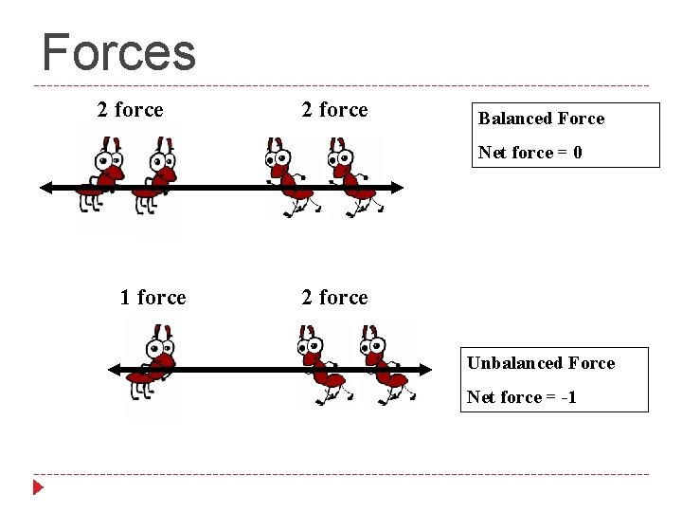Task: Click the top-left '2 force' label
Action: (x=130, y=110)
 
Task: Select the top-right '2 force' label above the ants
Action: (x=334, y=110)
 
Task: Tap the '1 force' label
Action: (x=153, y=298)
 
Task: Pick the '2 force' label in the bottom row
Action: (x=334, y=298)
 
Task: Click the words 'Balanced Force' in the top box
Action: (x=541, y=119)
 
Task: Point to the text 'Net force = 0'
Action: (x=529, y=153)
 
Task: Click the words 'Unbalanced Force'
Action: (x=541, y=363)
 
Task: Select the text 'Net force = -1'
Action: (x=521, y=397)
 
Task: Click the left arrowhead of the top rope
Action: (x=45, y=188)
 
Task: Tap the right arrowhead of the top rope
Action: (x=397, y=188)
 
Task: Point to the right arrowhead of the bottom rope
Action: (x=409, y=369)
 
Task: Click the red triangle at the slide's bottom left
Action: (x=38, y=488)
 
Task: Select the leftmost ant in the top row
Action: (x=102, y=175)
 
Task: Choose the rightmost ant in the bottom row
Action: (x=383, y=365)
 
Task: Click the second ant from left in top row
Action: (x=153, y=175)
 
